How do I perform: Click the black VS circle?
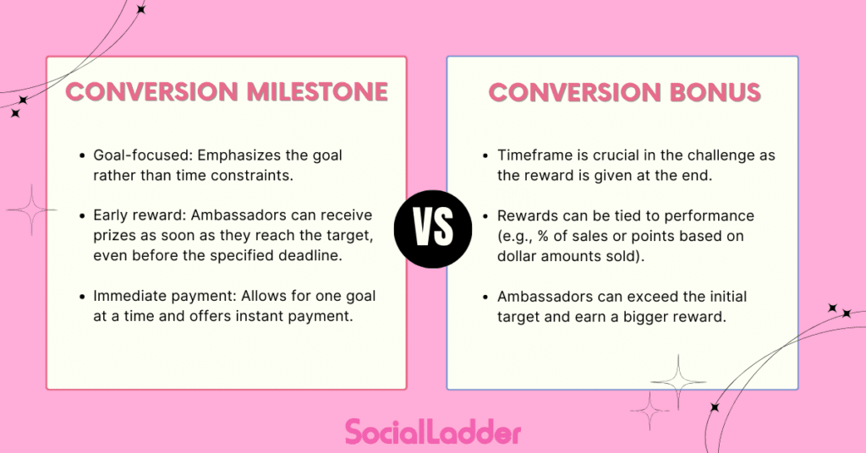(432, 227)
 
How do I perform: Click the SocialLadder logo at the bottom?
(432, 432)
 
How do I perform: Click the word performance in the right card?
(712, 216)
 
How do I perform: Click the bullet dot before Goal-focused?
(82, 157)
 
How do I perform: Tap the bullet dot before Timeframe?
(485, 157)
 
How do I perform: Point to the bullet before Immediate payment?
(82, 297)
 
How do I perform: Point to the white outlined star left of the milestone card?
(31, 209)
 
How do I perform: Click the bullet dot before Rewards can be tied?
(485, 216)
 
